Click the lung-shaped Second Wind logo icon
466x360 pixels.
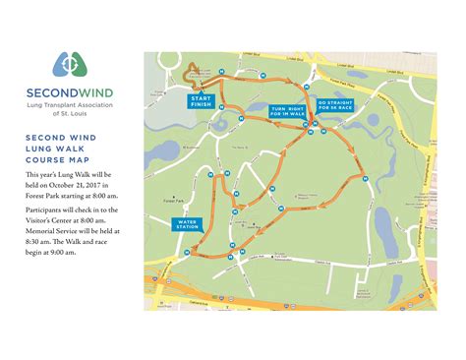pos(68,62)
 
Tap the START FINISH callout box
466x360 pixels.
pos(202,101)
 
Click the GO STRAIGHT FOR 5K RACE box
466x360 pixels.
pos(333,104)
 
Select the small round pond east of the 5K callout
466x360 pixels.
pos(375,122)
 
